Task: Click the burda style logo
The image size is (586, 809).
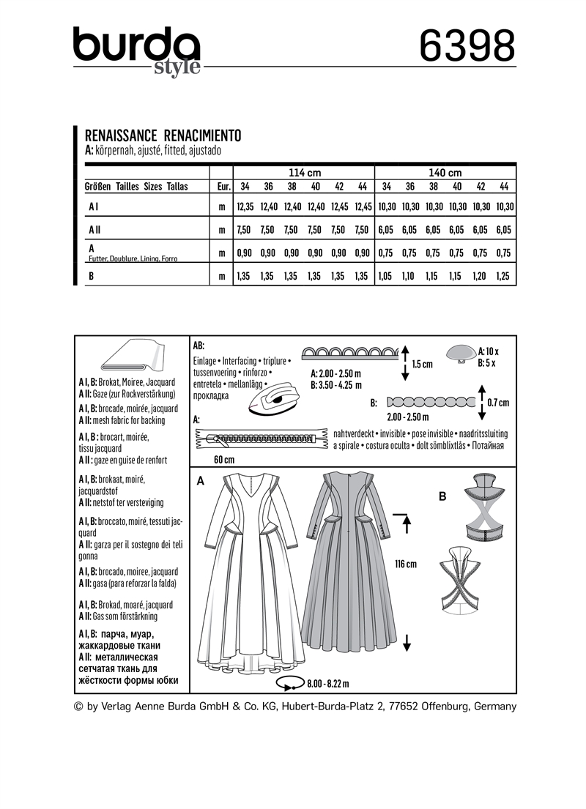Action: [x=136, y=51]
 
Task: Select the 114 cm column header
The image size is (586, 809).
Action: [x=305, y=173]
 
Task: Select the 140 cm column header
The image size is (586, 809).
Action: [x=445, y=173]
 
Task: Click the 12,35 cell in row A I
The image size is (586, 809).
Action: [x=244, y=208]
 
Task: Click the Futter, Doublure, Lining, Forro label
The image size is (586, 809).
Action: [x=133, y=258]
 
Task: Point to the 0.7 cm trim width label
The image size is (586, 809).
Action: [x=498, y=402]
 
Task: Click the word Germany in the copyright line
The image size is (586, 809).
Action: [x=496, y=707]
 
